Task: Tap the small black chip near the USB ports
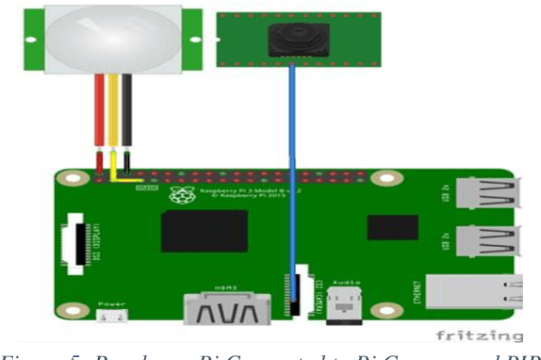[x=392, y=227]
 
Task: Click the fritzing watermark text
[x=479, y=336]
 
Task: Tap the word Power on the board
[x=110, y=303]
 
